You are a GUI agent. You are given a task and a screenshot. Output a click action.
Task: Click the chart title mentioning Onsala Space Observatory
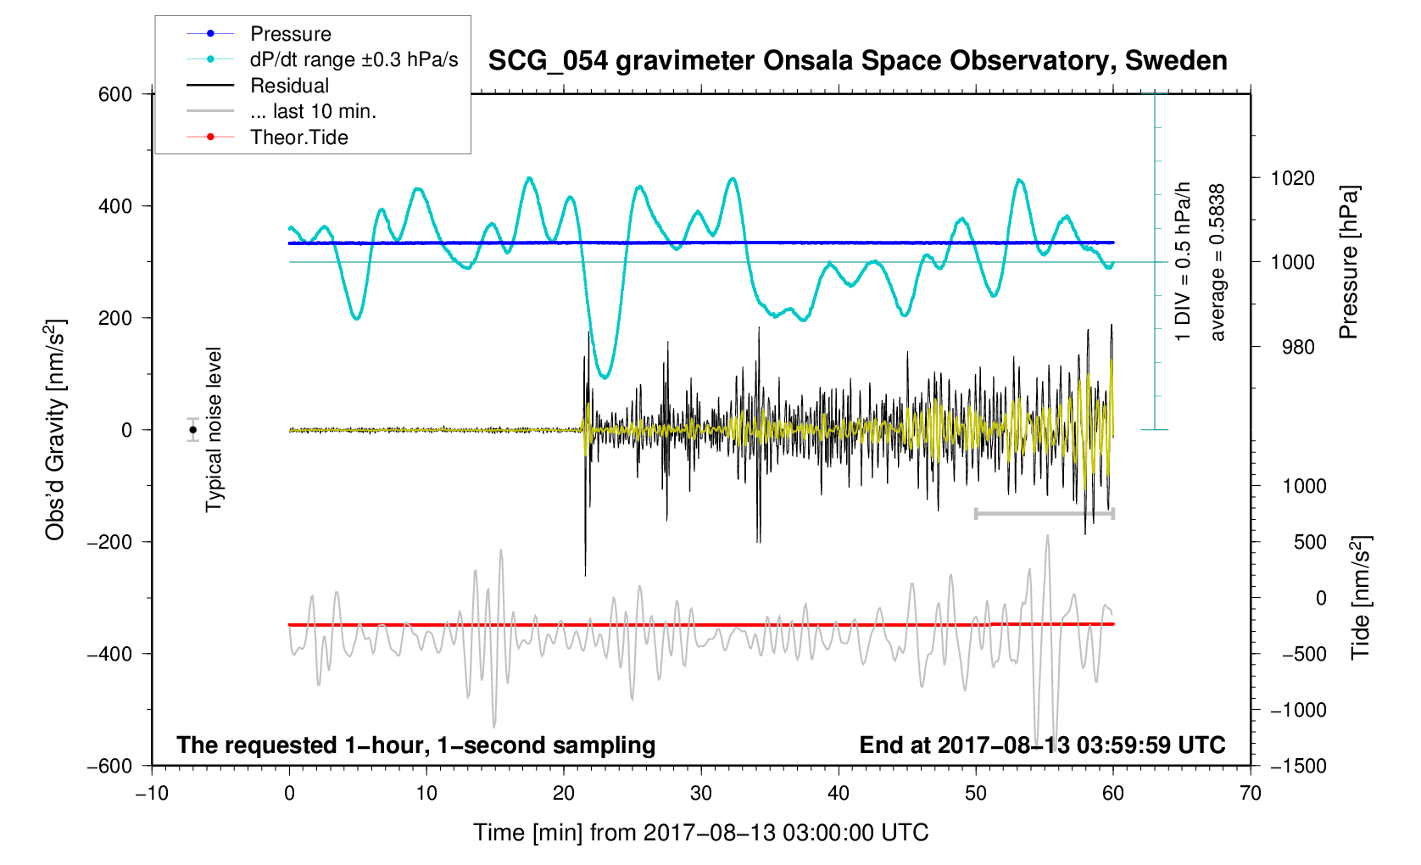857,61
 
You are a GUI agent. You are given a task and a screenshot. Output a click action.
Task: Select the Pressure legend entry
290,34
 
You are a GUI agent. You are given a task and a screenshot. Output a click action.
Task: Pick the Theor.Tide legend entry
298,137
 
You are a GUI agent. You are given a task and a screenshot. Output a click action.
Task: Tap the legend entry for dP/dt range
354,59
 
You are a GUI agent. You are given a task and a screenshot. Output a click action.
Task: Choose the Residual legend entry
289,86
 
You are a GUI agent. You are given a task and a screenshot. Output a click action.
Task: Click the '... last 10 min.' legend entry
313,111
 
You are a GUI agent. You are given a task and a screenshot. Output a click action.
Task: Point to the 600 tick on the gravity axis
115,94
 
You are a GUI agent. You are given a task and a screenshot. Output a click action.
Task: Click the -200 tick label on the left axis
110,542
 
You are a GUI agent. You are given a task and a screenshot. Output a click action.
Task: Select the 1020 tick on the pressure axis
1292,178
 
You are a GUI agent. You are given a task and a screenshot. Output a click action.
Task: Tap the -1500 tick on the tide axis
1297,766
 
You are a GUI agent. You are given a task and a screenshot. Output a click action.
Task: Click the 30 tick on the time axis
701,794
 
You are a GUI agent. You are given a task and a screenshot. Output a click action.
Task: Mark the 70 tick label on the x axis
1250,794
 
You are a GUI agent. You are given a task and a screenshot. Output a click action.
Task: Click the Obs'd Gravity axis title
55,430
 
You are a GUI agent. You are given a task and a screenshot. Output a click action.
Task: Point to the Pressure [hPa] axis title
1348,263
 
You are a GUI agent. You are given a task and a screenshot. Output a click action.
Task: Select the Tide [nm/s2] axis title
1361,598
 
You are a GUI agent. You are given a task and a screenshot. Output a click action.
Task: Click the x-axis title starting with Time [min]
700,833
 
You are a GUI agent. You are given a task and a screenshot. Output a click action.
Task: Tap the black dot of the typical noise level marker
193,430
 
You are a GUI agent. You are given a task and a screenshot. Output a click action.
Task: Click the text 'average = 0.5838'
1218,263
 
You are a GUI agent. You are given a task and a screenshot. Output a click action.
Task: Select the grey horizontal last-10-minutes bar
1044,513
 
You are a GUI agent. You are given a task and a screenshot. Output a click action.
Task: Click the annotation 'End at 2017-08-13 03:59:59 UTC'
1042,745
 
